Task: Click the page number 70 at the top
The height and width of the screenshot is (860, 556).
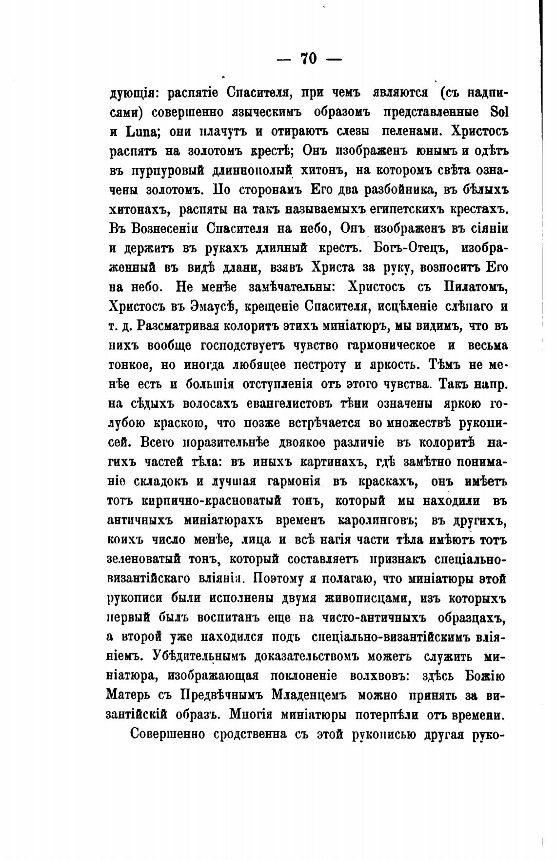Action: click(309, 59)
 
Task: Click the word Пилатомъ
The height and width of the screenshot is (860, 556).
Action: click(471, 286)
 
